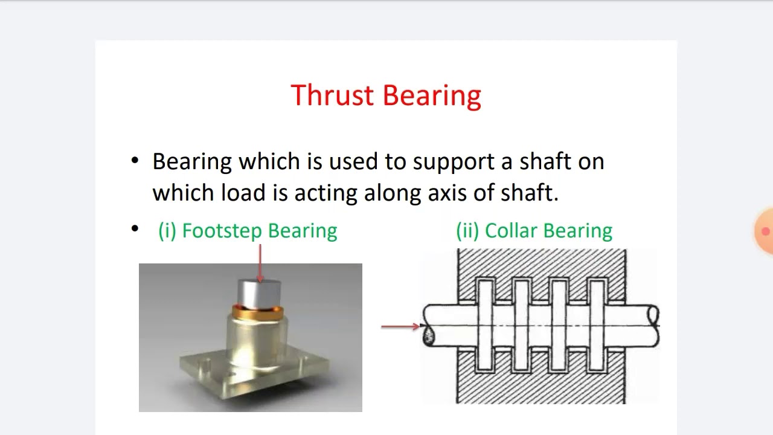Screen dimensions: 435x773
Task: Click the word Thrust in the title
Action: [x=333, y=95]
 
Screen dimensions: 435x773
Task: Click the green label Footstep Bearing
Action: [x=248, y=231]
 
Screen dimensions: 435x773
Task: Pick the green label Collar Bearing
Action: [x=534, y=231]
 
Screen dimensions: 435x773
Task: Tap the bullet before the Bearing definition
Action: [x=135, y=161]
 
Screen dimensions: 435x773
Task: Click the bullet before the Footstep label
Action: [x=135, y=229]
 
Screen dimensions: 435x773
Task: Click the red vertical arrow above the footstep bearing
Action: [x=260, y=263]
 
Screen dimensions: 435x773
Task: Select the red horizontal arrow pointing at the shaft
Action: [x=400, y=326]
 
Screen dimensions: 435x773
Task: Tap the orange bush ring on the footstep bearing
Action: [x=258, y=313]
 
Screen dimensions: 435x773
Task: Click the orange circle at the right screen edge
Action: [x=765, y=231]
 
